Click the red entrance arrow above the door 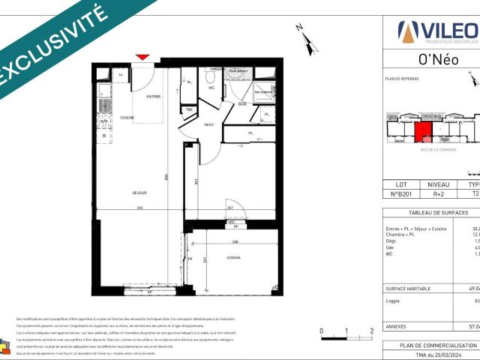[143, 56]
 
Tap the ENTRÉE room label [153, 96]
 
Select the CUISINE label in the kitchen [127, 118]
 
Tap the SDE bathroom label [242, 104]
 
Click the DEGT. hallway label [209, 124]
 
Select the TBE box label [190, 109]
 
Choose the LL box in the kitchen [120, 73]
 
